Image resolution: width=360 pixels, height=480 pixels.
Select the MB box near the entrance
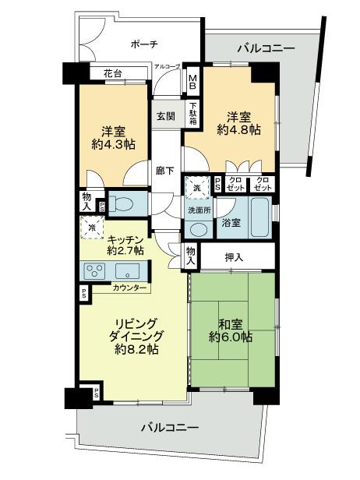[x=192, y=81]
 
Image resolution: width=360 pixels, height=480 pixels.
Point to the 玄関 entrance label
[x=165, y=116]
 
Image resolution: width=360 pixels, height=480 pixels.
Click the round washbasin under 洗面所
[x=199, y=230]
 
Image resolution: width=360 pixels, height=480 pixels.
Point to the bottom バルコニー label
[x=169, y=428]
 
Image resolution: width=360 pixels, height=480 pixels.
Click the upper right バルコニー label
[x=266, y=48]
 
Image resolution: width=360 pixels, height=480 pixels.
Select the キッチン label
[x=124, y=240]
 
